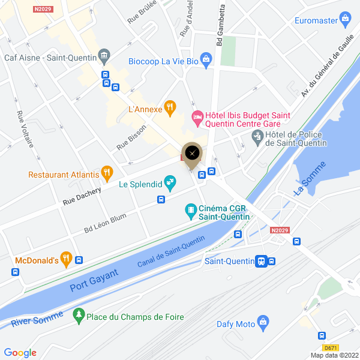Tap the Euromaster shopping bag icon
click(345, 20)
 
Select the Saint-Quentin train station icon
click(262, 261)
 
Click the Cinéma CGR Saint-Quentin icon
click(191, 209)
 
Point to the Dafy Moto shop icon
click(262, 323)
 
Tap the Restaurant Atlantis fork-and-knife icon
click(107, 174)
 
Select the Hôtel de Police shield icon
click(257, 137)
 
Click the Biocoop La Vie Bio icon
click(206, 61)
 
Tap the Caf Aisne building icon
click(104, 57)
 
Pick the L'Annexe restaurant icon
click(170, 109)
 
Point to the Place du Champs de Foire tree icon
click(78, 316)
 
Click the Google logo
click(20, 353)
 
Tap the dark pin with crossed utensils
click(192, 153)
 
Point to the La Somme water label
click(310, 178)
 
